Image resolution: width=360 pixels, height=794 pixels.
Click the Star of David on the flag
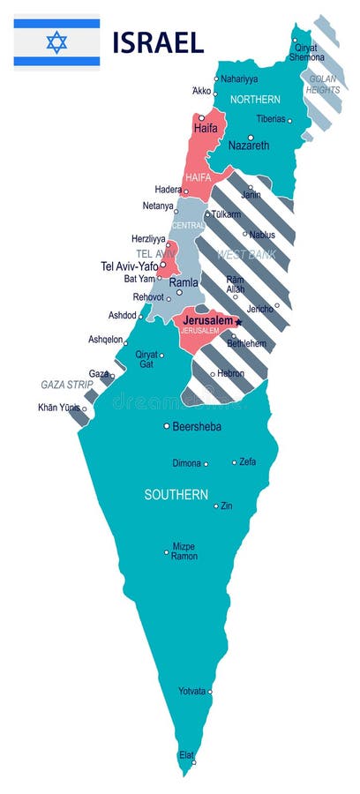coord(56,41)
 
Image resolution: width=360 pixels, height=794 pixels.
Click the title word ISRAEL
coord(158,41)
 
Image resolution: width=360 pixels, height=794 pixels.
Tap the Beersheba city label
coord(197,426)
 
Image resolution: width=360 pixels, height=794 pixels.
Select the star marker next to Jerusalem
coord(238,322)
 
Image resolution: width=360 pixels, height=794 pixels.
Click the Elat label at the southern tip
coord(186,755)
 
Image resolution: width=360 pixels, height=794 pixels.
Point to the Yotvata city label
coord(192,692)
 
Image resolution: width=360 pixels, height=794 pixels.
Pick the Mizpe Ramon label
coord(184,551)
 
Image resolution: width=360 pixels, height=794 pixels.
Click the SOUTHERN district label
coord(176,495)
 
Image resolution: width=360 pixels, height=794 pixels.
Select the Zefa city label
coord(248,461)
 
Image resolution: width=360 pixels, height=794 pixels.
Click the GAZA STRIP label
coord(67,385)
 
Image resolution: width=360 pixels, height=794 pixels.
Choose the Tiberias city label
coord(270,119)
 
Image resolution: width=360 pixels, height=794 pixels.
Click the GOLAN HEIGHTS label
coord(324,84)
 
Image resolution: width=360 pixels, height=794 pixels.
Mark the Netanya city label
coord(159,206)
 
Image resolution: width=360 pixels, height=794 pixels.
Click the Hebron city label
coord(231,373)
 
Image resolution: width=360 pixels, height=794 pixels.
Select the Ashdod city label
coord(122,315)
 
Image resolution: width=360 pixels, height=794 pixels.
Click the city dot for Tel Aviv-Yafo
coord(162,264)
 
